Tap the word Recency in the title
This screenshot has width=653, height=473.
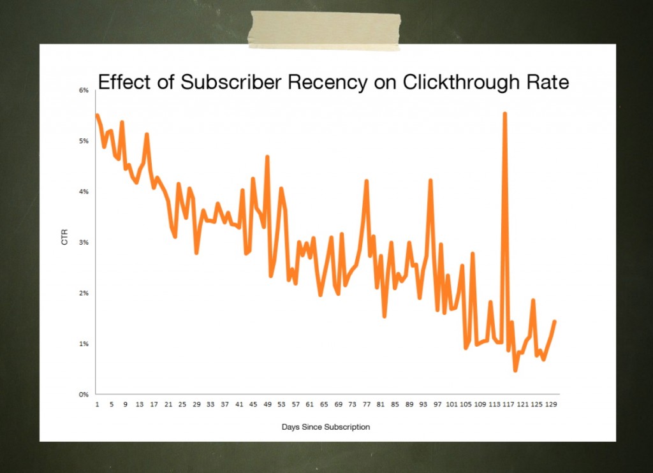pyautogui.click(x=331, y=82)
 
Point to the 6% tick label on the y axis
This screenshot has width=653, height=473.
pyautogui.click(x=84, y=91)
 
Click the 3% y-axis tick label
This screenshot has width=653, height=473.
pyautogui.click(x=84, y=243)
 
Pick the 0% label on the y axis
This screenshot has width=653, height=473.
pyautogui.click(x=84, y=395)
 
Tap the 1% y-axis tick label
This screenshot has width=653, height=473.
pyautogui.click(x=84, y=344)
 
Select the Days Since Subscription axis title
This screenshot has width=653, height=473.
pyautogui.click(x=325, y=427)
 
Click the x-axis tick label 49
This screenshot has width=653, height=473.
pyautogui.click(x=267, y=404)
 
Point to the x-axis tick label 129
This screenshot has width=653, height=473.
pyautogui.click(x=552, y=404)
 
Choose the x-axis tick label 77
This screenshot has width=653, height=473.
pyautogui.click(x=367, y=404)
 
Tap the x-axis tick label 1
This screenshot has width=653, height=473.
pyautogui.click(x=97, y=404)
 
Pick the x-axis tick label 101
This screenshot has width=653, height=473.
pyautogui.click(x=451, y=404)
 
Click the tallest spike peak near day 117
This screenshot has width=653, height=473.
pyautogui.click(x=504, y=113)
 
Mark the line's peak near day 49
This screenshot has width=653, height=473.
pyautogui.click(x=267, y=156)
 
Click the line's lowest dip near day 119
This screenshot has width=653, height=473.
pyautogui.click(x=515, y=370)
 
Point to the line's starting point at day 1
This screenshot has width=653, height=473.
pyautogui.click(x=97, y=115)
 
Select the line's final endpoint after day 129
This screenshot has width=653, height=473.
pyautogui.click(x=555, y=321)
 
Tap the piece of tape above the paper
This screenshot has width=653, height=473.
pyautogui.click(x=325, y=30)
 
